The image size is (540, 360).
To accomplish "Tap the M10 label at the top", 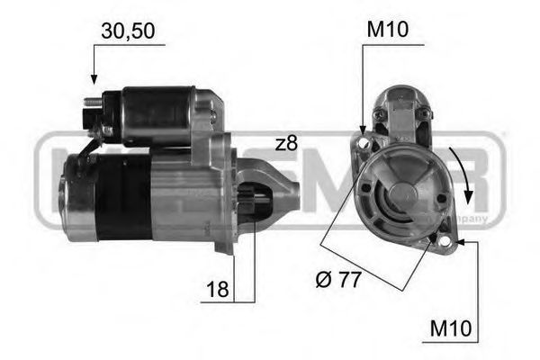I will [388, 31].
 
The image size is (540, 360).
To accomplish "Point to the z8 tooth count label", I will [286, 142].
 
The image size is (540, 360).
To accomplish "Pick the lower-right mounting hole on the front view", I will [443, 240].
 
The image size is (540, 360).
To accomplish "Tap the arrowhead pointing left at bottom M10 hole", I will [460, 241].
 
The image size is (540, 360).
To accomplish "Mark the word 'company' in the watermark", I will [471, 219].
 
